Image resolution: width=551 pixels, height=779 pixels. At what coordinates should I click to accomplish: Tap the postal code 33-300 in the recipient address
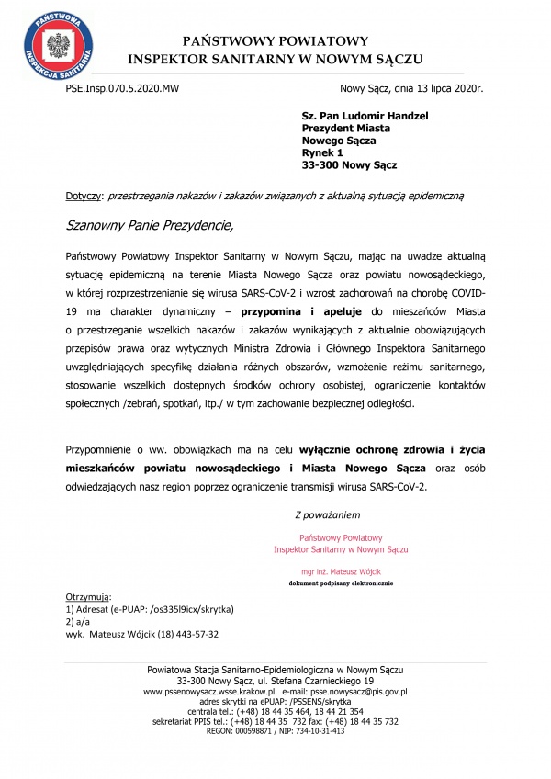(322, 165)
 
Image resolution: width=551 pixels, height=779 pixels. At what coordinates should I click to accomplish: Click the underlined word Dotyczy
(85, 196)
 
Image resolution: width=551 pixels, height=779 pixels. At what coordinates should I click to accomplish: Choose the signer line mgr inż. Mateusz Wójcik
(341, 570)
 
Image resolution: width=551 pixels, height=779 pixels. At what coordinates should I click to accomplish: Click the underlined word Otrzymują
(89, 597)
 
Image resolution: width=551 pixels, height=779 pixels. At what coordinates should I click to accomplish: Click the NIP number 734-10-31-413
(320, 730)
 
